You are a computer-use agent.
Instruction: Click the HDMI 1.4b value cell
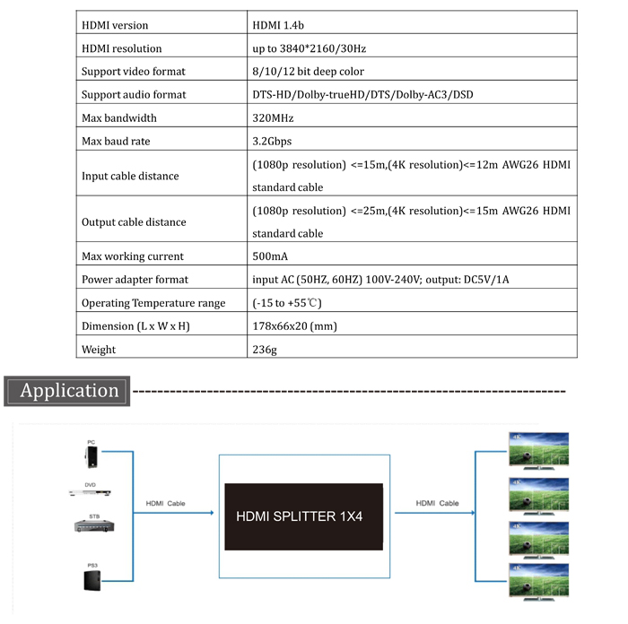278,25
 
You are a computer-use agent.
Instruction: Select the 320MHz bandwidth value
273,118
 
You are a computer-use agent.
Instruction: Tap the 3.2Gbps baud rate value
272,142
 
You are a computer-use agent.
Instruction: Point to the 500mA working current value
270,256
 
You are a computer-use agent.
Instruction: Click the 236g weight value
265,350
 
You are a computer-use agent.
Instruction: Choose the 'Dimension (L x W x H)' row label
135,326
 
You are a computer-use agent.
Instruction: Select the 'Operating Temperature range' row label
153,303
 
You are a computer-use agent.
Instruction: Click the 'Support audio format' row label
134,94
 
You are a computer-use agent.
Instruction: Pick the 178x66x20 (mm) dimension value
294,326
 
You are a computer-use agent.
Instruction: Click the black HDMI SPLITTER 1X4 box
303,516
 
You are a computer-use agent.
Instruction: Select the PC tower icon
92,456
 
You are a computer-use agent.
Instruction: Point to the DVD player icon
90,493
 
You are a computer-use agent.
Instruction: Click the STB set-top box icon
94,526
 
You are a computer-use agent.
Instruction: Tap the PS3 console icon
92,580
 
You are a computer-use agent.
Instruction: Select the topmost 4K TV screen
538,450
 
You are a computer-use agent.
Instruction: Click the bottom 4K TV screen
538,581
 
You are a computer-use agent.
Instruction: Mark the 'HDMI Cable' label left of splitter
165,504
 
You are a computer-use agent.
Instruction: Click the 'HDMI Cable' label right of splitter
437,503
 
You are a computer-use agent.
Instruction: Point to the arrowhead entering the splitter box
213,513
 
